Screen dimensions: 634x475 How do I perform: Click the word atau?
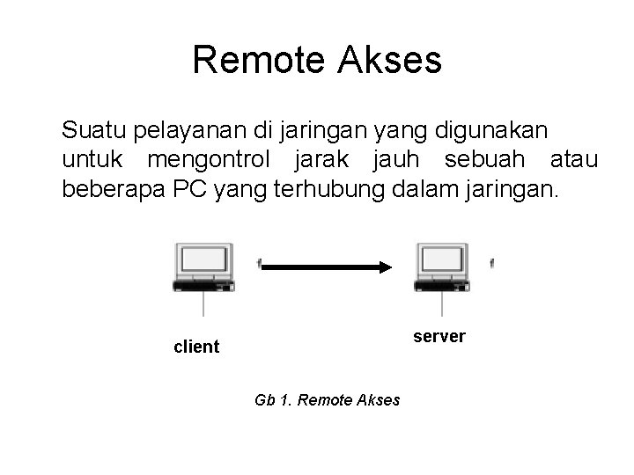(573, 162)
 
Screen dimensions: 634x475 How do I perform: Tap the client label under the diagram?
(196, 347)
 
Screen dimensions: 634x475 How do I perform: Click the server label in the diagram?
(439, 337)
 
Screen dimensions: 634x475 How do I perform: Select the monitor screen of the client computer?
(203, 259)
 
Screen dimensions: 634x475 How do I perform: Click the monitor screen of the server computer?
(441, 259)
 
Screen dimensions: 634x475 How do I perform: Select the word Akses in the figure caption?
(380, 400)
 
